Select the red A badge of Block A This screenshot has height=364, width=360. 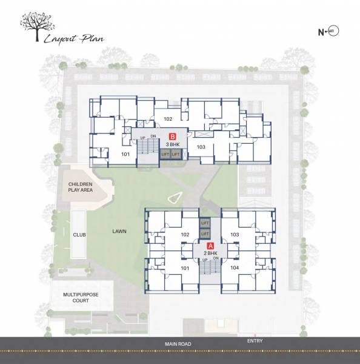pos(210,246)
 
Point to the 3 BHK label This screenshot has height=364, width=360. pos(172,145)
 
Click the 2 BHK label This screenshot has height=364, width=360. pos(210,255)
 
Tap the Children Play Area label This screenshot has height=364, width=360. pos(81,186)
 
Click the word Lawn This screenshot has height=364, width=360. pos(119,231)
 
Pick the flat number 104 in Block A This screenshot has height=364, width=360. pos(235,268)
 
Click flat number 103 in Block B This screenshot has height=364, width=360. pos(202,147)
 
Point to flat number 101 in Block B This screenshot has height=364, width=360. pos(125,155)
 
